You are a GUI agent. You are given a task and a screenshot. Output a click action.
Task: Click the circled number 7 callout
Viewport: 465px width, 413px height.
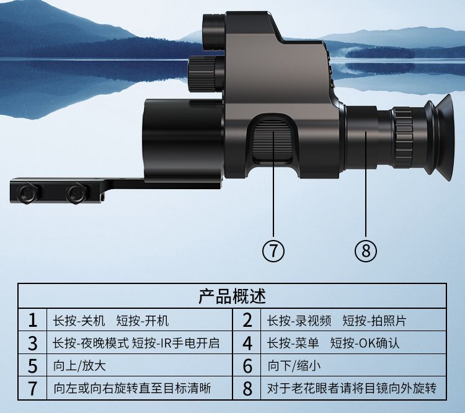pyautogui.click(x=273, y=251)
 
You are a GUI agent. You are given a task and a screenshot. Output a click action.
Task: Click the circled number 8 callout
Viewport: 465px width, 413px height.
pyautogui.click(x=366, y=251)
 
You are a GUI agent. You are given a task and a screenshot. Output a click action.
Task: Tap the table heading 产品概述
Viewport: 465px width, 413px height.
pyautogui.click(x=232, y=296)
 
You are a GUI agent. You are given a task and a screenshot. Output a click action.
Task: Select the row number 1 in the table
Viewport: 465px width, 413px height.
pyautogui.click(x=33, y=321)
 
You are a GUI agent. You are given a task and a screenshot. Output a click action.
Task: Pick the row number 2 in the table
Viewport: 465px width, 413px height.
pyautogui.click(x=247, y=321)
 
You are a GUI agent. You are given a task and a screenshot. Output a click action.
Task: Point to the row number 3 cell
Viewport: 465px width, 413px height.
pyautogui.click(x=33, y=344)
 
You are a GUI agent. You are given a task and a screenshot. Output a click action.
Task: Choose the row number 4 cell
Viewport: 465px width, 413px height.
pyautogui.click(x=247, y=344)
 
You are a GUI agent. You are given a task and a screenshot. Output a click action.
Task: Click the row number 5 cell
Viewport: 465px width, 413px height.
pyautogui.click(x=33, y=366)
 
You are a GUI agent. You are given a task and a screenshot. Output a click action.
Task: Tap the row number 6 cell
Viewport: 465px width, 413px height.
pyautogui.click(x=247, y=366)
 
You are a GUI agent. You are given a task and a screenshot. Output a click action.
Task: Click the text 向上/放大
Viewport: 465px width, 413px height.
pyautogui.click(x=79, y=365)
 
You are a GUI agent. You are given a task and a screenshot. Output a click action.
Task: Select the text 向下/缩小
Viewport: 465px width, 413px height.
pyautogui.click(x=294, y=365)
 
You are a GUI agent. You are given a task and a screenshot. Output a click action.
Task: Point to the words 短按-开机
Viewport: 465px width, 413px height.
pyautogui.click(x=143, y=321)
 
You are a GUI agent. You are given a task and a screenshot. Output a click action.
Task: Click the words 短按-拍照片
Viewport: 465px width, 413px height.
pyautogui.click(x=374, y=321)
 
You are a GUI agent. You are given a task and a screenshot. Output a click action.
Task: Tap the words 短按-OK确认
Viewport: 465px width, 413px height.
pyautogui.click(x=365, y=344)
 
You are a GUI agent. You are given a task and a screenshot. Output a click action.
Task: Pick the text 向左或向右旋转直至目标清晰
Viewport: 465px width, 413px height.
pyautogui.click(x=132, y=388)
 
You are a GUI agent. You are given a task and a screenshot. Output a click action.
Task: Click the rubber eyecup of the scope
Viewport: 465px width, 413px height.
pyautogui.click(x=439, y=138)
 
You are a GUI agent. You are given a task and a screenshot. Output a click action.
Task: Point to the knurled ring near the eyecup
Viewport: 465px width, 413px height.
pyautogui.click(x=403, y=138)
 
